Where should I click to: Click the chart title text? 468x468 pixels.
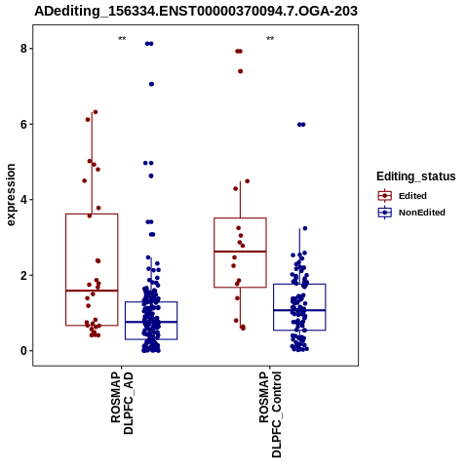coord(196,11)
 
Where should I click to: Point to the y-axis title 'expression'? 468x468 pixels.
coord(11,195)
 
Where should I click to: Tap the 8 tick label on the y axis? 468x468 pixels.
coord(23,49)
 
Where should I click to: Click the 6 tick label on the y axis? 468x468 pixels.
coord(23,124)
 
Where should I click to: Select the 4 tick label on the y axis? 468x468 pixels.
coord(23,200)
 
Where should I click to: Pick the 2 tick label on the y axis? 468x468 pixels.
coord(23,275)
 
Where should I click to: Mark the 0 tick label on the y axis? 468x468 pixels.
coord(23,351)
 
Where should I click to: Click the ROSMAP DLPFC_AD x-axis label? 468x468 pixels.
coord(122,403)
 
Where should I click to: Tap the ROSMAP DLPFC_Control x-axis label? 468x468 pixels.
coord(270,414)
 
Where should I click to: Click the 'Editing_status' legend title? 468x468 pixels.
coord(416,176)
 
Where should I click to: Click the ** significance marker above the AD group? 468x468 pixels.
coord(122,39)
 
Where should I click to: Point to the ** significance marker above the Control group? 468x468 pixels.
coord(270,39)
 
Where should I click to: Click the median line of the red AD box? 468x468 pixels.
coord(92,291)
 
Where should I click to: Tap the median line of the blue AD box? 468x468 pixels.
coord(151,322)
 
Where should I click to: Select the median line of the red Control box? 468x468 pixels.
coord(240,252)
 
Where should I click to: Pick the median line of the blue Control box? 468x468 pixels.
coord(299,310)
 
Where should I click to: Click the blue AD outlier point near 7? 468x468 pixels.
coord(151,84)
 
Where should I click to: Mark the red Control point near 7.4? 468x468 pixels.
coord(241,71)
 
